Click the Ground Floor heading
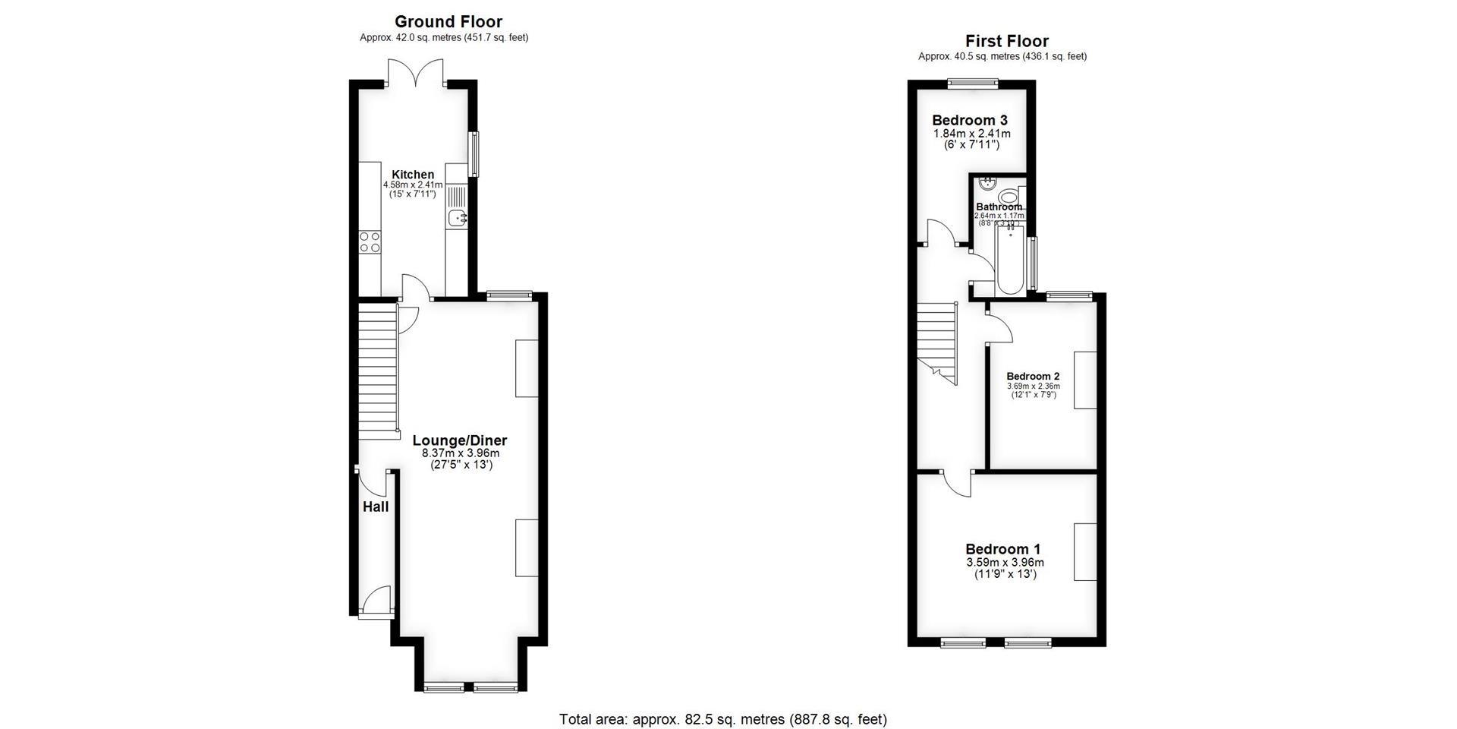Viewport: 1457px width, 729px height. [x=448, y=22]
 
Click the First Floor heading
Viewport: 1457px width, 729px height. [x=1006, y=41]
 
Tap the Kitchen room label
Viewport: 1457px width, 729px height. [x=413, y=175]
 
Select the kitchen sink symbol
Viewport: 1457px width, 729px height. [x=458, y=219]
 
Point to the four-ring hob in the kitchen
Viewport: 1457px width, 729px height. [x=370, y=242]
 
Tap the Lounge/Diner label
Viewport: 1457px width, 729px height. [x=459, y=440]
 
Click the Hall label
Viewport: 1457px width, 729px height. [x=375, y=507]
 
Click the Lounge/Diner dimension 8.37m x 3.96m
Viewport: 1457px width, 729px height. [x=461, y=453]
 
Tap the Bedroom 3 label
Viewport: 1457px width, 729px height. [x=970, y=120]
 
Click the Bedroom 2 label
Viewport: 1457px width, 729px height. [x=1033, y=376]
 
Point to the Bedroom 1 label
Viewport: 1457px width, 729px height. [x=1002, y=549]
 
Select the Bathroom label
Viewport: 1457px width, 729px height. [x=999, y=207]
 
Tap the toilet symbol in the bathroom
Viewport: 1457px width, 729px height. [x=1009, y=197]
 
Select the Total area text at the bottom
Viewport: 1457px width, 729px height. [x=722, y=718]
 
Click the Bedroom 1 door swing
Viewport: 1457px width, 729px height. [x=958, y=484]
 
